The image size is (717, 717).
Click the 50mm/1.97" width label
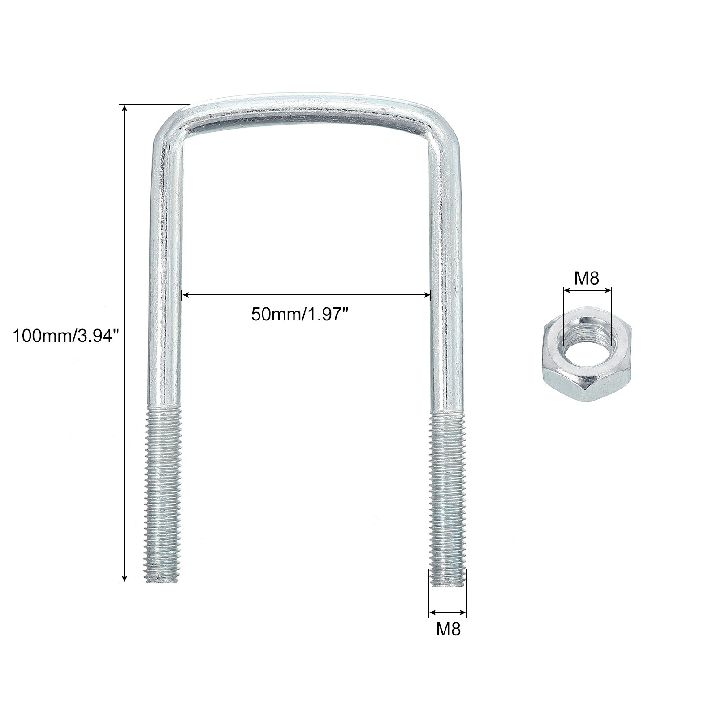pos(300,314)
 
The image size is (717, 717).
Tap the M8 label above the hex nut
pos(587,278)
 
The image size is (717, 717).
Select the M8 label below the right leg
pos(448,629)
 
